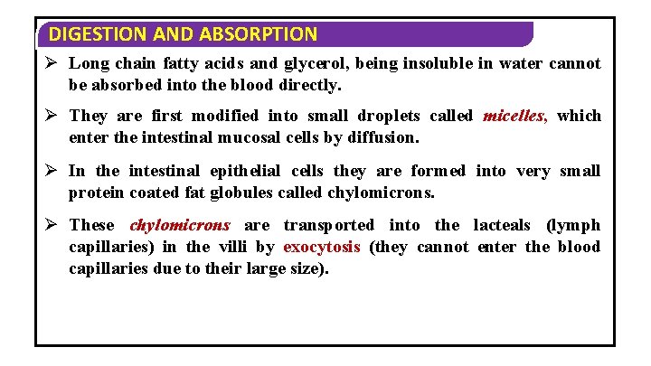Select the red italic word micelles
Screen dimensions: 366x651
tap(515, 116)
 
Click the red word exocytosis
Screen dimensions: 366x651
tap(321, 247)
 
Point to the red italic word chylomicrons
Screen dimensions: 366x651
tap(180, 225)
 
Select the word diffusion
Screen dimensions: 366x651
tap(383, 137)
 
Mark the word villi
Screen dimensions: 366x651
tap(225, 247)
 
